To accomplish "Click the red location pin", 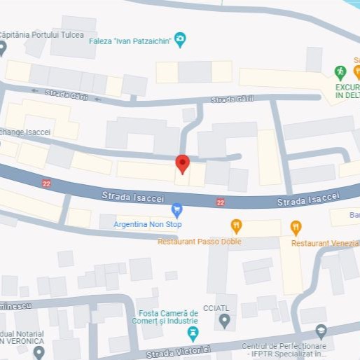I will click(x=182, y=164).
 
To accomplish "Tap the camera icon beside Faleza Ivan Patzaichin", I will click(x=181, y=40).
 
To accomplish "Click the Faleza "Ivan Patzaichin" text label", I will click(x=130, y=41).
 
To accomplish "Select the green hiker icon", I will click(x=340, y=71).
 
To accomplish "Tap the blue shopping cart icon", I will click(x=177, y=209).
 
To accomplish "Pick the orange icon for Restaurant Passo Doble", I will click(x=236, y=226).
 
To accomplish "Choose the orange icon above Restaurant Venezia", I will click(x=296, y=226).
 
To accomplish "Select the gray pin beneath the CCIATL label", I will click(x=225, y=321).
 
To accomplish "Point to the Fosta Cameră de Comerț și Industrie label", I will click(x=169, y=317).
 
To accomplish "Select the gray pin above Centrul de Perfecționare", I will click(x=321, y=330).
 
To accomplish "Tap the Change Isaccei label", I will click(x=26, y=132).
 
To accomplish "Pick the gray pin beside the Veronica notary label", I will click(x=39, y=351).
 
